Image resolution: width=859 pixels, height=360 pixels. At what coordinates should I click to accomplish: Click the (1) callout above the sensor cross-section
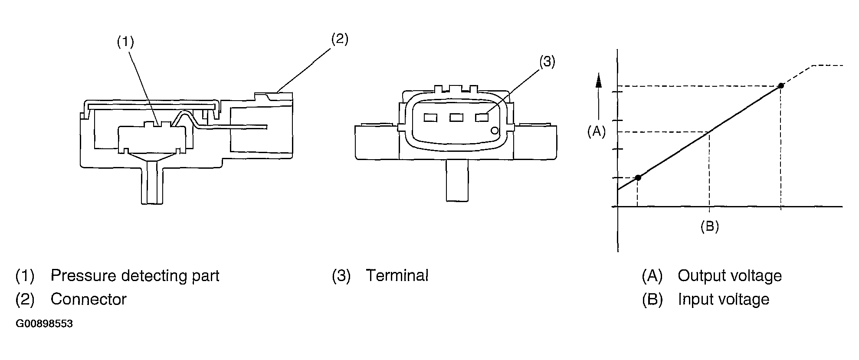(125, 42)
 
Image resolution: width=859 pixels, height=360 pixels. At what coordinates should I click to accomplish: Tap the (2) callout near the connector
(340, 39)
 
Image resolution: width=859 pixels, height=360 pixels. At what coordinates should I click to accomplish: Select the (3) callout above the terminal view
(547, 62)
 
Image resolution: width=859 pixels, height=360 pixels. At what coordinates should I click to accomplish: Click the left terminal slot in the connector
(430, 118)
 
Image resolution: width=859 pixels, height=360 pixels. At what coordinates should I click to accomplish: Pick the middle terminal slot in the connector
(456, 118)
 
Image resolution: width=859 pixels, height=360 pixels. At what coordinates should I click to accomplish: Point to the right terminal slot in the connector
(482, 118)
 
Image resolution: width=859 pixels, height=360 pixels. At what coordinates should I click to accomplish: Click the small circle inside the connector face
(494, 131)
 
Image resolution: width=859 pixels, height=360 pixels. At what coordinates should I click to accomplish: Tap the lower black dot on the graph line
(638, 177)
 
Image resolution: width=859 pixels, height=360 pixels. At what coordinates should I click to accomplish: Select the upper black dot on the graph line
(781, 86)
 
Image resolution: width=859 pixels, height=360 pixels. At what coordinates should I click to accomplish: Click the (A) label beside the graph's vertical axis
(597, 131)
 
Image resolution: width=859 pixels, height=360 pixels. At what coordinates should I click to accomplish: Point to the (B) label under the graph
(710, 226)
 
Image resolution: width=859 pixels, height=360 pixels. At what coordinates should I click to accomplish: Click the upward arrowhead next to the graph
(599, 80)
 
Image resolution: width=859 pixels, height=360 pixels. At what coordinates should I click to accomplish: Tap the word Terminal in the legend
(397, 276)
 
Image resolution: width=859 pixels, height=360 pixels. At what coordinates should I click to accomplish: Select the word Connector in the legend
(89, 299)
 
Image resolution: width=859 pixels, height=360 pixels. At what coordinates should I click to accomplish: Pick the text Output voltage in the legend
(730, 276)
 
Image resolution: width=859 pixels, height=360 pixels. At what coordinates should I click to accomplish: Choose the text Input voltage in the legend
(724, 299)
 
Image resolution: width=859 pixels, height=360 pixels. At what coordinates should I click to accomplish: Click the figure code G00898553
(44, 324)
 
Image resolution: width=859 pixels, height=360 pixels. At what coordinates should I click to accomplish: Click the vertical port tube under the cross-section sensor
(153, 182)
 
